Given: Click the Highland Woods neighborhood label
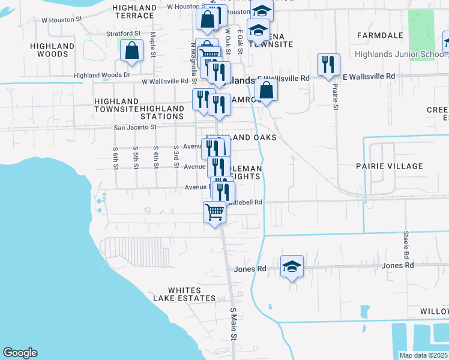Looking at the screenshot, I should (51, 49).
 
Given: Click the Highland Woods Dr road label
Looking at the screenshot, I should (102, 75).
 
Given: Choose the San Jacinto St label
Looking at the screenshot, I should (135, 127).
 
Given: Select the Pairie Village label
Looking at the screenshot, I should (397, 166).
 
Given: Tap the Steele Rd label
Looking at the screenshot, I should (406, 241).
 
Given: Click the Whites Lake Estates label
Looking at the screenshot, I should (184, 294).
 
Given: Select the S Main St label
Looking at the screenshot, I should (234, 324).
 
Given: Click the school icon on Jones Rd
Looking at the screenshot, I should (292, 266).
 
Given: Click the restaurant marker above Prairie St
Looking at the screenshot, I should (328, 65).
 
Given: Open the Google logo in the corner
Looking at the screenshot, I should (20, 353).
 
